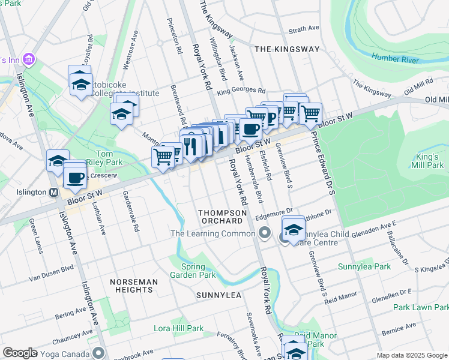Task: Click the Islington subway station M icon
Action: point(53,193)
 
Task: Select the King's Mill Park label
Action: point(424,161)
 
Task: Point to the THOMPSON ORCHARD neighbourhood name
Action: point(220,217)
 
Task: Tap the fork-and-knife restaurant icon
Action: point(191,145)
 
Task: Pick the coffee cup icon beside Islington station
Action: point(75,177)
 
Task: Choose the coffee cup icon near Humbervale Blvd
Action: point(250,128)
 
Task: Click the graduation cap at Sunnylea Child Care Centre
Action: point(293,230)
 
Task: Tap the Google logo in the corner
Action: point(20,353)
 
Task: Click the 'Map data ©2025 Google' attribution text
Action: point(412,355)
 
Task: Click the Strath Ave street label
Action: point(304,28)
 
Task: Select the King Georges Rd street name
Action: point(241,91)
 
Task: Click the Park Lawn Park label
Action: point(421,307)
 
